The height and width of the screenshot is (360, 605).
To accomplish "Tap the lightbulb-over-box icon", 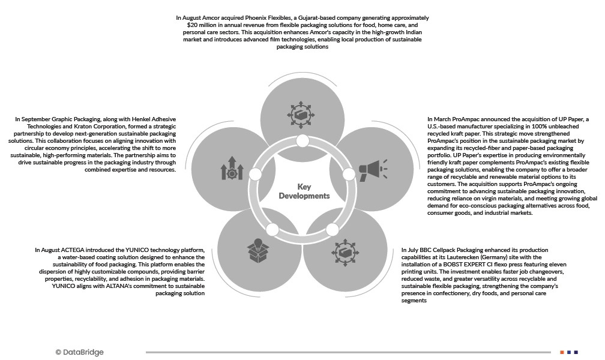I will pos(255,251).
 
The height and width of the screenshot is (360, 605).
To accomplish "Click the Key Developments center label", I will pos(304,191).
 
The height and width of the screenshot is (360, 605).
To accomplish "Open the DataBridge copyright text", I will pos(79,352).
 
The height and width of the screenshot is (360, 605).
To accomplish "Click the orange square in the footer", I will pos(562,352).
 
